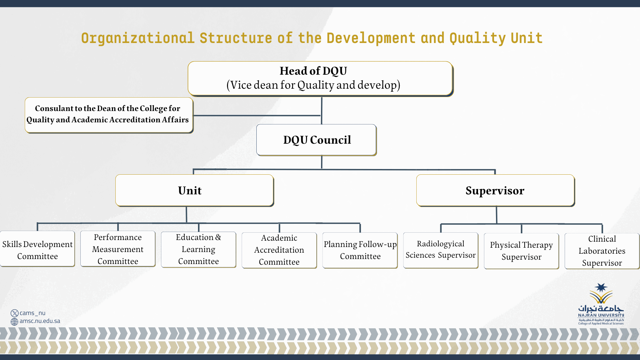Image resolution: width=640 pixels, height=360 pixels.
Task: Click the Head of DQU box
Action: pyautogui.click(x=320, y=78)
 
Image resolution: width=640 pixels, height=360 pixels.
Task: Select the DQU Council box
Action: pyautogui.click(x=316, y=140)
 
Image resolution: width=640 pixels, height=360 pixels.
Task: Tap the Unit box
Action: pyautogui.click(x=194, y=190)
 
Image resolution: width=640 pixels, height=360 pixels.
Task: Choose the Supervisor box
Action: pyautogui.click(x=495, y=190)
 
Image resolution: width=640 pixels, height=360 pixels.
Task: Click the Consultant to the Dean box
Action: pyautogui.click(x=109, y=115)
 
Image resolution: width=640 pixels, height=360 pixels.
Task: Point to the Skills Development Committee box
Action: pyautogui.click(x=37, y=249)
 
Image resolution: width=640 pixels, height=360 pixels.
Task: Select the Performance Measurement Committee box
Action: pyautogui.click(x=118, y=249)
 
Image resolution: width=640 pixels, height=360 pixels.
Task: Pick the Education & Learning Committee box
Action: pyautogui.click(x=198, y=250)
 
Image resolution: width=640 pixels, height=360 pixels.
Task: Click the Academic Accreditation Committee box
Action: pyautogui.click(x=279, y=250)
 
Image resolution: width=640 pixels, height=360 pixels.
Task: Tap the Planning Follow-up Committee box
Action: pyautogui.click(x=360, y=250)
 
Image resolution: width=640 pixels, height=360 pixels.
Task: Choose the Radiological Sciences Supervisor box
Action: pyautogui.click(x=441, y=250)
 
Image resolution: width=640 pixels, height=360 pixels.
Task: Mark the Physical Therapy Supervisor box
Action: pyautogui.click(x=521, y=251)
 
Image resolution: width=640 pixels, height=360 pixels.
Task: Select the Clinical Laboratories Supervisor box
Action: pyautogui.click(x=602, y=251)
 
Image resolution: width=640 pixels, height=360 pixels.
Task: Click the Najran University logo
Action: pyautogui.click(x=601, y=304)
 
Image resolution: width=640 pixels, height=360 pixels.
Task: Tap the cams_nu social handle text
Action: pyautogui.click(x=32, y=313)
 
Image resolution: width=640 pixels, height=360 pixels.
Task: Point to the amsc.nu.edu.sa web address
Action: pyautogui.click(x=40, y=321)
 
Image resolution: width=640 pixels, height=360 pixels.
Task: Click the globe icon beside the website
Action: pyautogui.click(x=14, y=321)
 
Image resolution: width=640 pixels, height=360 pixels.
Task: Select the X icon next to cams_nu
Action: pyautogui.click(x=14, y=313)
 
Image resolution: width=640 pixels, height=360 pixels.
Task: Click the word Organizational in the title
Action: pyautogui.click(x=138, y=38)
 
